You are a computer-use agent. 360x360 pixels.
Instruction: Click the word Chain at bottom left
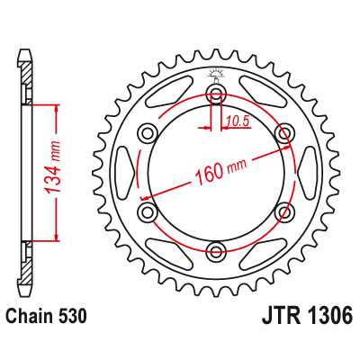pyautogui.click(x=31, y=317)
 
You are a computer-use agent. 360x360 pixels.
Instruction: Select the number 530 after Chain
pyautogui.click(x=72, y=317)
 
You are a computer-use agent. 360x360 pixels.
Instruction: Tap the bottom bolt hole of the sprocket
pyautogui.click(x=216, y=250)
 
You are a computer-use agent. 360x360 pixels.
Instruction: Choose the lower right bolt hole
pyautogui.click(x=284, y=211)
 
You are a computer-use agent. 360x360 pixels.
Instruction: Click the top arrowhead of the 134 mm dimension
pyautogui.click(x=57, y=108)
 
